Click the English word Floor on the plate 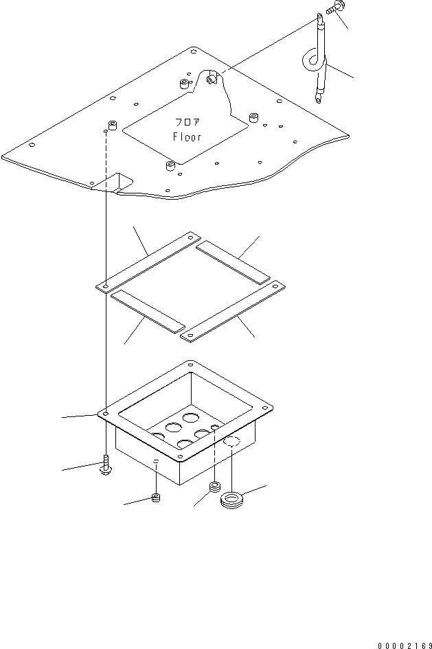point(187,137)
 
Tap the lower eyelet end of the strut point(317,98)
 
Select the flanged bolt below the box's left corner point(105,465)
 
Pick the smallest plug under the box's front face point(156,497)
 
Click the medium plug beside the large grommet point(214,488)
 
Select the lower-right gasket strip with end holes point(231,308)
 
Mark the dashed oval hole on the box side point(231,442)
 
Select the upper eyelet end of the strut point(320,17)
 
